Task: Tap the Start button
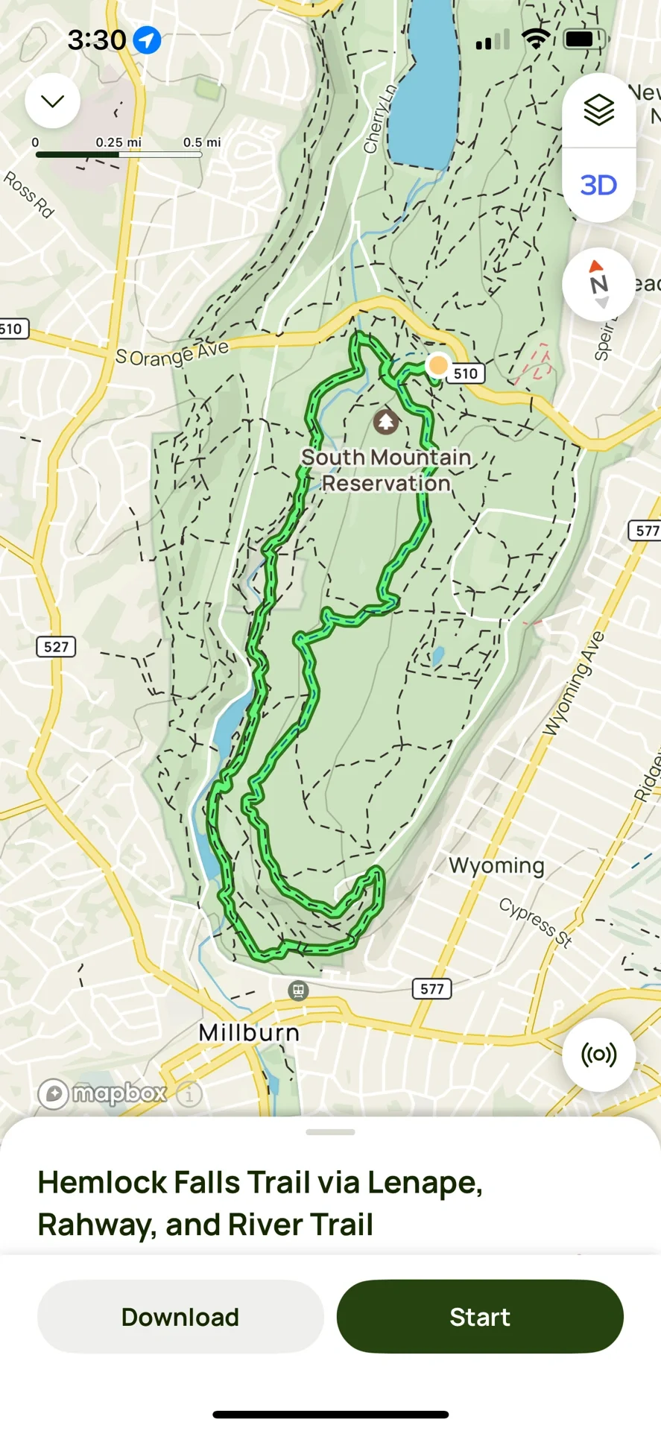click(480, 1317)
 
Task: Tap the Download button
click(180, 1317)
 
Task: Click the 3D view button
click(598, 185)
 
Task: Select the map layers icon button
click(598, 110)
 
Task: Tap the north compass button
click(598, 284)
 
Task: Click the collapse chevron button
click(52, 101)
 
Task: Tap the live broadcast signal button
click(598, 1055)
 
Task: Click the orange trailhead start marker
click(438, 365)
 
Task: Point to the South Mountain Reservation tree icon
click(385, 422)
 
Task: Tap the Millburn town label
click(249, 1033)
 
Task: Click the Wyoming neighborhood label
click(496, 865)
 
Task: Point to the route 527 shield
click(56, 646)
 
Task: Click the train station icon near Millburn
click(298, 991)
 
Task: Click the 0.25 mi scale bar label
click(118, 142)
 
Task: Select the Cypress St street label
click(535, 922)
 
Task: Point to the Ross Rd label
click(29, 195)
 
